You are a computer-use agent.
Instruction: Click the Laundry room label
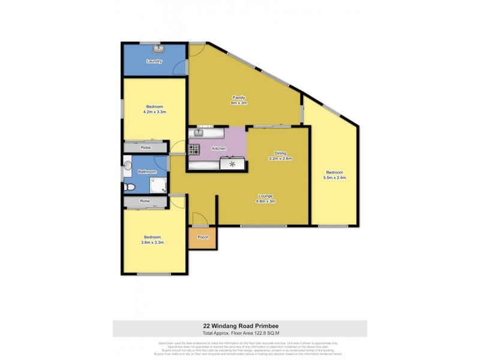tap(154, 61)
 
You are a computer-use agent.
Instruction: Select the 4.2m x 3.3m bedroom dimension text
tap(154, 112)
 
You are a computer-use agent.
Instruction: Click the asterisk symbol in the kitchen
tap(232, 163)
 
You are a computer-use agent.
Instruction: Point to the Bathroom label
tap(147, 172)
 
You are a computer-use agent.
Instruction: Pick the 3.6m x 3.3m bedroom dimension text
tap(152, 242)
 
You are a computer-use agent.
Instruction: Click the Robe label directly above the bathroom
tap(145, 148)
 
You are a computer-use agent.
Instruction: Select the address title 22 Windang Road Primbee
tap(240, 327)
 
